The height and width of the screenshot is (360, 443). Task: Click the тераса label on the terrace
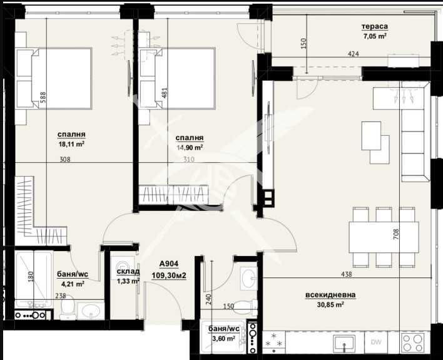[375, 26]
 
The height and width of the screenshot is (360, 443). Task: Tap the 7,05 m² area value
[375, 36]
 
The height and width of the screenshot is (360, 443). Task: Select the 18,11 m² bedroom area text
[71, 144]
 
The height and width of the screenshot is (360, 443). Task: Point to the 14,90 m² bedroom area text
[190, 147]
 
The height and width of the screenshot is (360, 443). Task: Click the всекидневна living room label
[330, 295]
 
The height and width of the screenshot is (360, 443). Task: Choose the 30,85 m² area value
[330, 304]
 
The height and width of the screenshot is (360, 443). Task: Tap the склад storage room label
[128, 272]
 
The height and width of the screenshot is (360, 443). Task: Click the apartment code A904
[169, 264]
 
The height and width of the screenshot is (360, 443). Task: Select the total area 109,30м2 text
[169, 275]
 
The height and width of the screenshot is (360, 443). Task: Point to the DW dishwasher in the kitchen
[376, 342]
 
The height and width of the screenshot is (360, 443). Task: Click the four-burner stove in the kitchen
[413, 342]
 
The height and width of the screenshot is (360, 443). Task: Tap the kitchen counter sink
[344, 342]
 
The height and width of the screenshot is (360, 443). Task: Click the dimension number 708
[396, 234]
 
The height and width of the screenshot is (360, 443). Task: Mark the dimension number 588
[43, 98]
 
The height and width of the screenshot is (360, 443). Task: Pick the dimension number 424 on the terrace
[353, 53]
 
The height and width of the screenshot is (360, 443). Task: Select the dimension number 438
[347, 274]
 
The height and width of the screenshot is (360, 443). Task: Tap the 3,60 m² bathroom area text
[224, 338]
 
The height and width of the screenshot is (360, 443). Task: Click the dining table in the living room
[384, 237]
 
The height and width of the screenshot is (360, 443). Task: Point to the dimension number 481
[165, 93]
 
